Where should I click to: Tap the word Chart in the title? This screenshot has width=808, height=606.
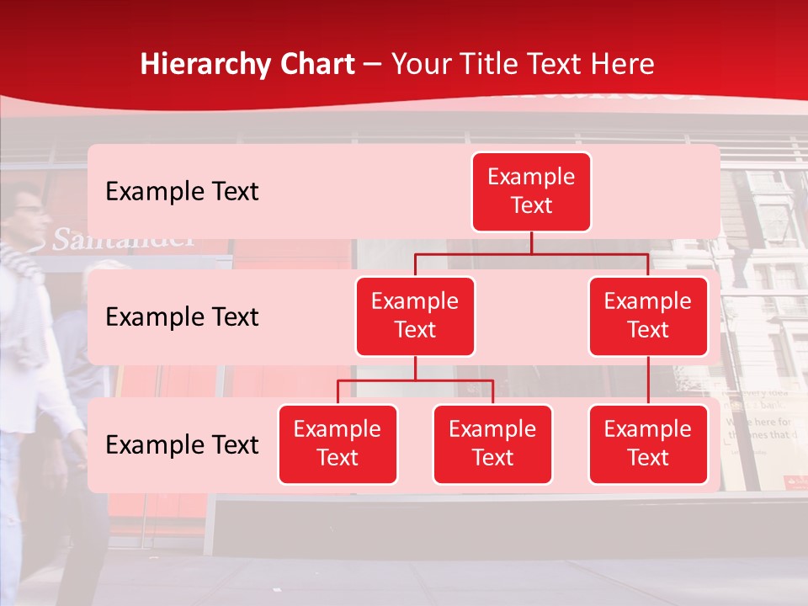(316, 64)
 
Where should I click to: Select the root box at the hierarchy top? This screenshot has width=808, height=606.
(531, 191)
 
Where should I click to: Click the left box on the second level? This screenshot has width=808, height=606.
(415, 316)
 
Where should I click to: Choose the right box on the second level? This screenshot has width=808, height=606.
(648, 316)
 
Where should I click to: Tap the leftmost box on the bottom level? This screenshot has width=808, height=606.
(338, 444)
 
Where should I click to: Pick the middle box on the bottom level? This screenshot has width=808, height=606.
(492, 444)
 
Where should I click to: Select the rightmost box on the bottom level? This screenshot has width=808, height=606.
(648, 444)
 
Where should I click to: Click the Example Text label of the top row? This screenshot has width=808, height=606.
(182, 192)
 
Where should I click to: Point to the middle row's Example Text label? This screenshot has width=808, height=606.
(182, 317)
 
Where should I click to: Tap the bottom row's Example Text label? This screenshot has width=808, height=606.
(182, 444)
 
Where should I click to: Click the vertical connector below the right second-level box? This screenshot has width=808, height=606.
(648, 380)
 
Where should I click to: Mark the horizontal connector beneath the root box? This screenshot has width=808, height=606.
(531, 253)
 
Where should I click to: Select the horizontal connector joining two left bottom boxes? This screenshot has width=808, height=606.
(415, 380)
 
